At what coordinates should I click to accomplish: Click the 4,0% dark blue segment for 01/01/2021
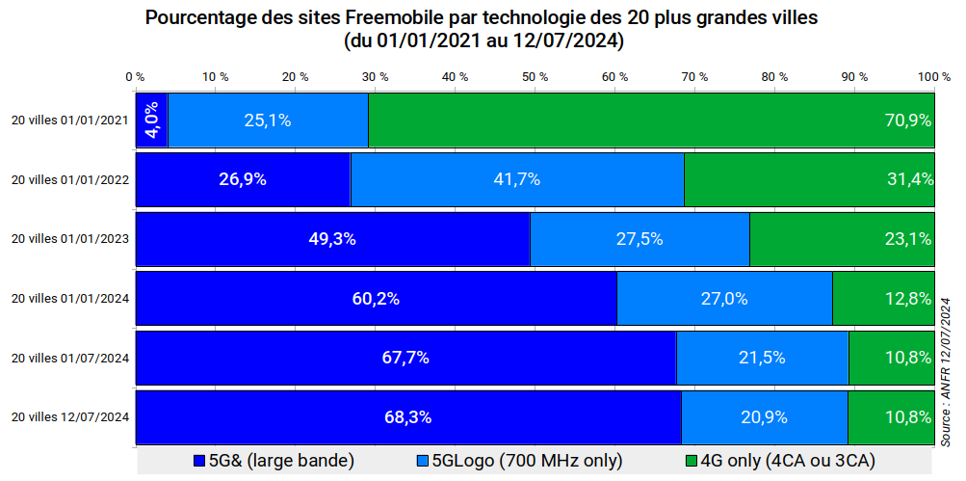pos(152,120)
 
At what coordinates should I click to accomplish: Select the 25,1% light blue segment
pos(268,120)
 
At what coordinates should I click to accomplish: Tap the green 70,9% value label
pos(907,120)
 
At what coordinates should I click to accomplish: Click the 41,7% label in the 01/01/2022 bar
pos(516,179)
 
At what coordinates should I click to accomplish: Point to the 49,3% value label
pos(332,239)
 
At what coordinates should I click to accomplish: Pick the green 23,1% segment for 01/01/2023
pos(841,239)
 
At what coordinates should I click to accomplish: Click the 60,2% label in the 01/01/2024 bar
pos(376,299)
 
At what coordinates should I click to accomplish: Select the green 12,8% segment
pos(882,299)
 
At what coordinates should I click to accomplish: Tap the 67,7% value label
pos(405,358)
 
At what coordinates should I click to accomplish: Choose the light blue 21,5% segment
pos(762,358)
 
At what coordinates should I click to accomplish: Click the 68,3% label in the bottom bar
pos(407,417)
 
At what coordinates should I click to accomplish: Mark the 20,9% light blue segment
pos(764,417)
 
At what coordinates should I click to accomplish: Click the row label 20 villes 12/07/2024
pos(69,417)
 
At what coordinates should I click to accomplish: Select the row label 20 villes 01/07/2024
pos(69,358)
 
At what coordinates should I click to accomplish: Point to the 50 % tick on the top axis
pos(534,76)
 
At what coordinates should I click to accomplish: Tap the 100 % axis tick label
pos(933,76)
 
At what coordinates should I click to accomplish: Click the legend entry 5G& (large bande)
pos(274,461)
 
